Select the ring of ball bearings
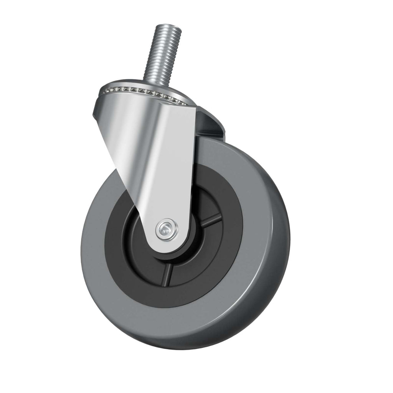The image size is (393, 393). tap(142, 91)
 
